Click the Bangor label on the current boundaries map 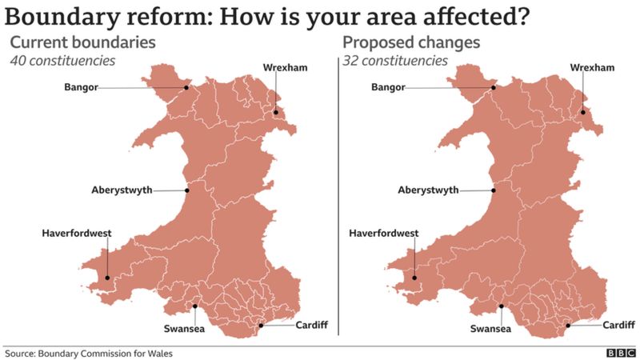[x=82, y=88]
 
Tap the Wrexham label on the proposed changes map [x=592, y=68]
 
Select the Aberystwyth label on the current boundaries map [x=122, y=190]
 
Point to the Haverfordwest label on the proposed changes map [x=384, y=233]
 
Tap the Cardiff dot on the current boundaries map [x=262, y=326]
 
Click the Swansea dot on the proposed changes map [x=502, y=306]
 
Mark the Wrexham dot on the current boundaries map [x=276, y=112]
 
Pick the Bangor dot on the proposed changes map [x=494, y=88]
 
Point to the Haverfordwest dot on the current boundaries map [x=106, y=278]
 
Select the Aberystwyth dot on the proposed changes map [x=494, y=190]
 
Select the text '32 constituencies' [x=395, y=60]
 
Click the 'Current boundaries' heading [x=82, y=42]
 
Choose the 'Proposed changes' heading [x=411, y=42]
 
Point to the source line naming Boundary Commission [x=89, y=353]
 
